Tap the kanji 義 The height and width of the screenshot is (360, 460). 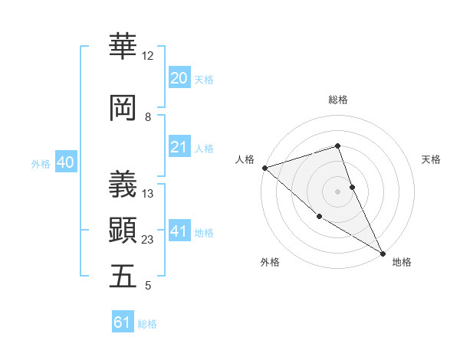[x=123, y=184]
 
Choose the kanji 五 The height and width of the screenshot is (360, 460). [x=123, y=276]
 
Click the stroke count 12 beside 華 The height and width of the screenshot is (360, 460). [x=147, y=56]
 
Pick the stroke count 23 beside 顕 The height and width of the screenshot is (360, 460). [x=148, y=240]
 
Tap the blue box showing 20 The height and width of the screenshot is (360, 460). [x=179, y=78]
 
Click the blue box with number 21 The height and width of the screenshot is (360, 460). [x=179, y=147]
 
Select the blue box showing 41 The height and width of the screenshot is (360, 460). [x=179, y=231]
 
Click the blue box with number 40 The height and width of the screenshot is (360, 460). [x=65, y=162]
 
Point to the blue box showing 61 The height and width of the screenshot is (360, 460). [x=123, y=322]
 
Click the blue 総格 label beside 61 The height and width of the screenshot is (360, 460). [x=147, y=324]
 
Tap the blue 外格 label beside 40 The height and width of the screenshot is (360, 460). [x=41, y=164]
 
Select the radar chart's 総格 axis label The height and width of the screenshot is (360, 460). [x=337, y=100]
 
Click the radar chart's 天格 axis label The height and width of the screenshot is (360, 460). [x=432, y=159]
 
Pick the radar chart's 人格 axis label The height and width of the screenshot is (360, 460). [x=245, y=159]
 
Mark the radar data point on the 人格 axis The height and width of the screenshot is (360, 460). [x=264, y=168]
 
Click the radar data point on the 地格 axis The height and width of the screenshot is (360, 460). [x=383, y=254]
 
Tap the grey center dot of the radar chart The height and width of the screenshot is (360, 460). [x=337, y=191]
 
